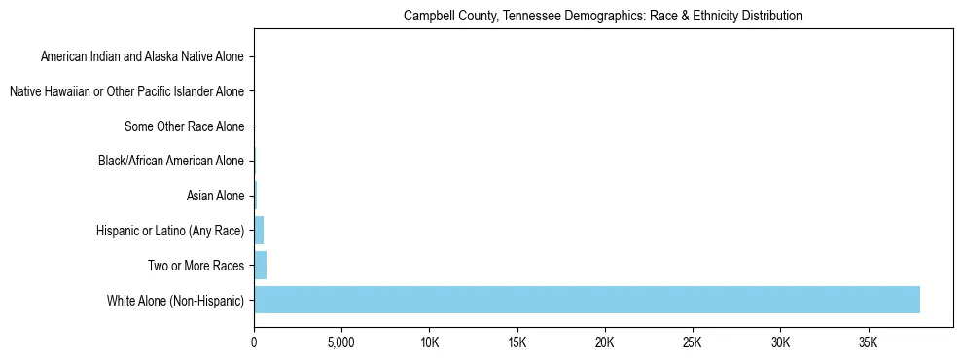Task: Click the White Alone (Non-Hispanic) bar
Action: point(587,300)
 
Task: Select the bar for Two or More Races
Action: point(260,265)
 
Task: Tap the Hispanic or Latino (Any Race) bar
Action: point(259,231)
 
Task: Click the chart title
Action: point(602,16)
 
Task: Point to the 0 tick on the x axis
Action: point(254,342)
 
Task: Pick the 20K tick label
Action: point(605,342)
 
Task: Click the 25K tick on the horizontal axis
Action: point(693,342)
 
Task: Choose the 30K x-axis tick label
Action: point(780,342)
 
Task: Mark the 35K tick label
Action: point(868,342)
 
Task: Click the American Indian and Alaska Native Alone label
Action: point(142,57)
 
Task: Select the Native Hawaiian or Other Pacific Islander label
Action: point(126,92)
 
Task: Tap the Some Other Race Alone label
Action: point(185,126)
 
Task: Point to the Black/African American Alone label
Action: point(171,162)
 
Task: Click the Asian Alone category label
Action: point(215,196)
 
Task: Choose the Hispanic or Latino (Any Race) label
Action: point(170,231)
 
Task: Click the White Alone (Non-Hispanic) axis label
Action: point(176,300)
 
